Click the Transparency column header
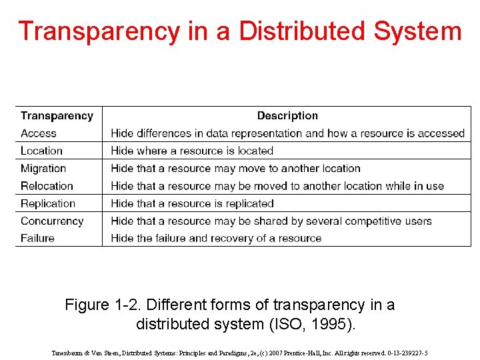click(57, 116)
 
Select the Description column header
click(287, 116)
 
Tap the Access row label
click(39, 133)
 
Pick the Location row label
click(41, 151)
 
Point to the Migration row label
click(43, 169)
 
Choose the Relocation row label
click(47, 186)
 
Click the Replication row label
click(48, 203)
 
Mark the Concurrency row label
click(52, 221)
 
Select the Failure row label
click(37, 238)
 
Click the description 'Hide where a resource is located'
click(192, 151)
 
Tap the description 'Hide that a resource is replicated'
click(192, 203)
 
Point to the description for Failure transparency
click(216, 238)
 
